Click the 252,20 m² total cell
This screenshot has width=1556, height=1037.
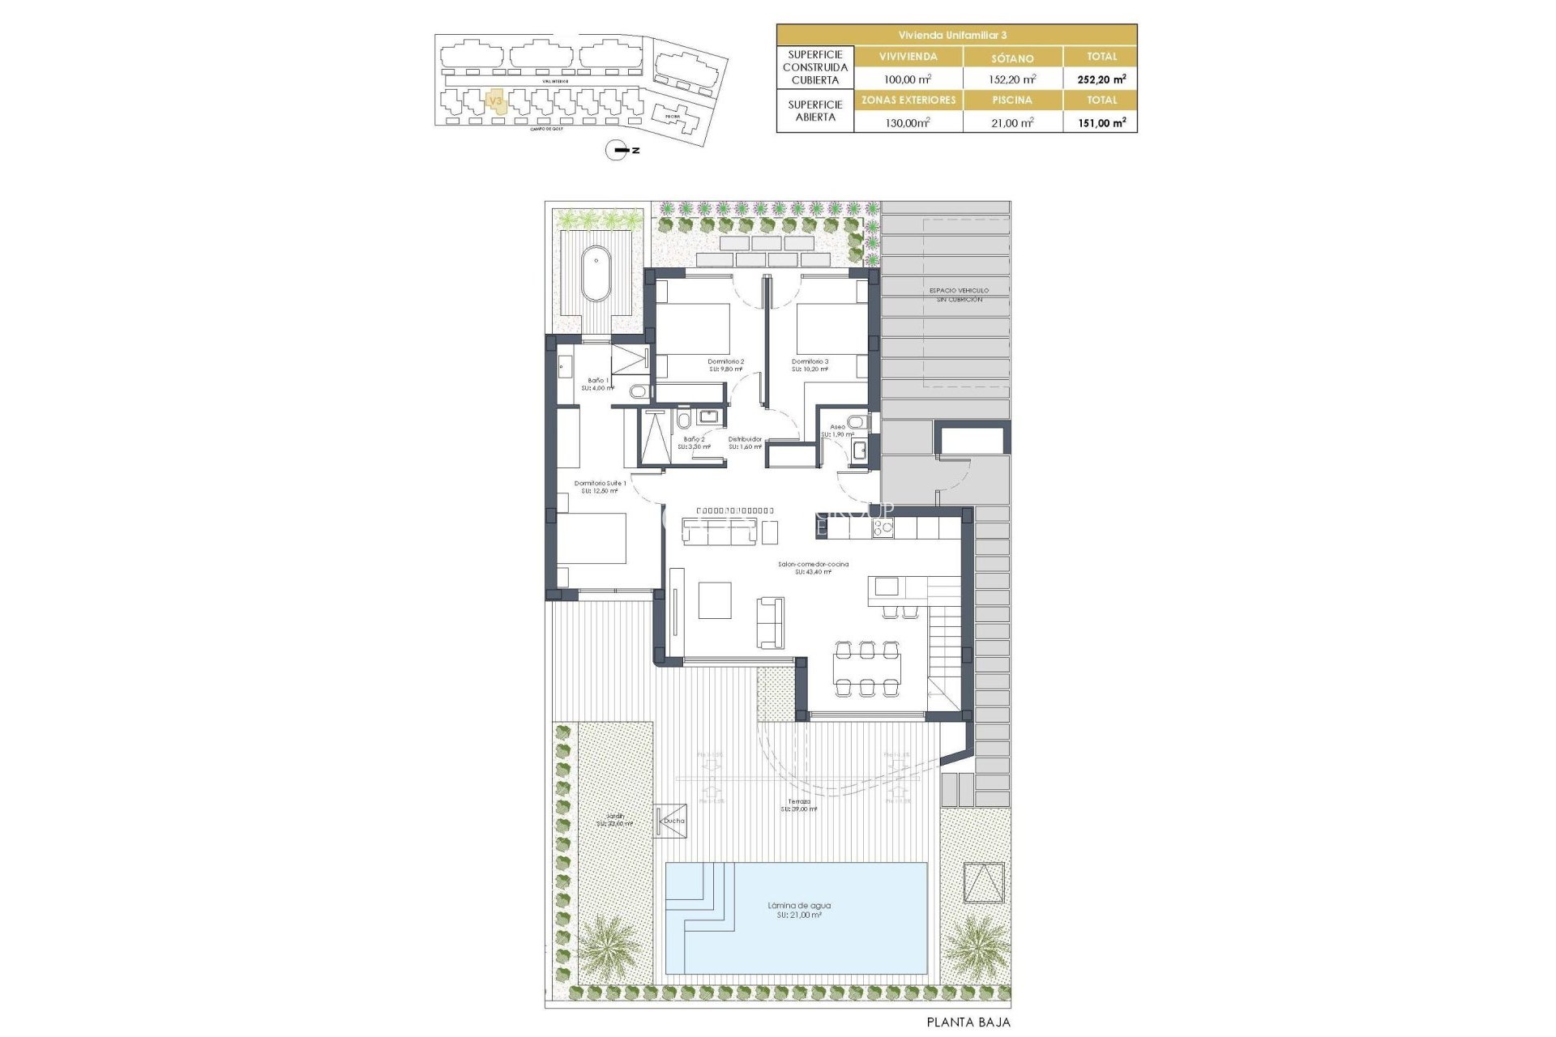(x=1101, y=79)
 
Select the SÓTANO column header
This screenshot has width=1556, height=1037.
(x=1012, y=58)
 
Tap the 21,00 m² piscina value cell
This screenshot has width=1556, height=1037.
(x=1012, y=122)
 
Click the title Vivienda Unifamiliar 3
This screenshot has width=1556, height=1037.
(x=956, y=35)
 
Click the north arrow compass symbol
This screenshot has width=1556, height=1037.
(x=618, y=150)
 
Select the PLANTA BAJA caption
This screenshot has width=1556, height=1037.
(x=968, y=1022)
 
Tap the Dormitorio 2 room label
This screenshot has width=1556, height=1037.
(x=725, y=365)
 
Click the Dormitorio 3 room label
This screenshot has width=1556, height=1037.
(x=810, y=365)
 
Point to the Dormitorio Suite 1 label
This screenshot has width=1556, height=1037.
(x=600, y=486)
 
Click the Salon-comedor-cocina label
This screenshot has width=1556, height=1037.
(x=813, y=567)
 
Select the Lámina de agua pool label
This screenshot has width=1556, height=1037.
(x=799, y=910)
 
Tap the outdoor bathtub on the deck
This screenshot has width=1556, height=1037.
(x=596, y=274)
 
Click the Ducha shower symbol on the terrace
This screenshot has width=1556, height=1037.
(x=671, y=821)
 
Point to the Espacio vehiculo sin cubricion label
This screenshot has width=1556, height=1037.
(x=959, y=294)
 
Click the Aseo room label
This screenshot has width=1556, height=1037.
(x=837, y=430)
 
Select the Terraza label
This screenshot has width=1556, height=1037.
(x=799, y=804)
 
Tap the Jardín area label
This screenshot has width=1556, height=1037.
(x=615, y=819)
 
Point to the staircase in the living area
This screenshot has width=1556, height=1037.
(x=944, y=640)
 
